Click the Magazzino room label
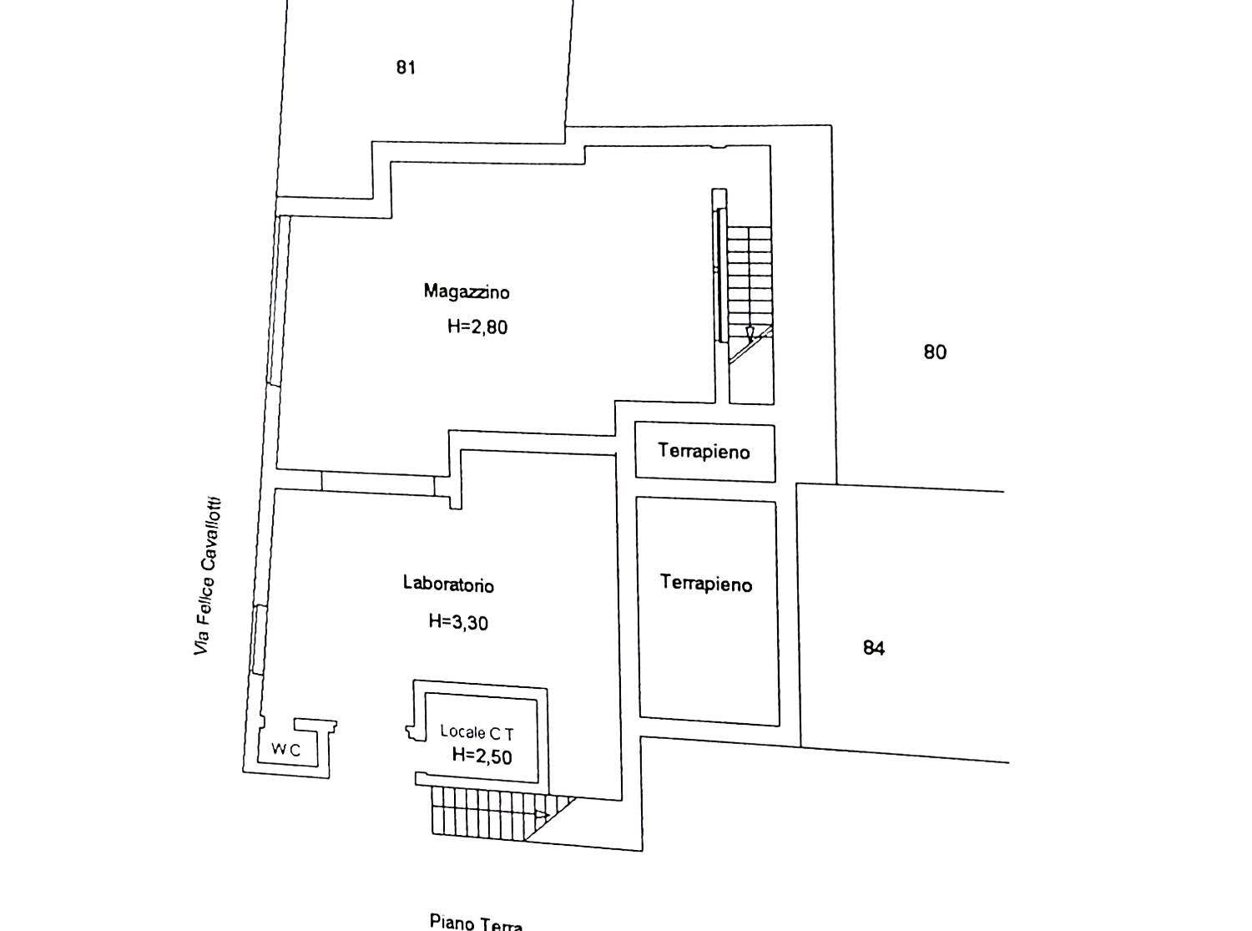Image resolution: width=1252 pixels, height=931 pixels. pyautogui.click(x=467, y=291)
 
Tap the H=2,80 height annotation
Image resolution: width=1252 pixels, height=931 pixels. pyautogui.click(x=477, y=326)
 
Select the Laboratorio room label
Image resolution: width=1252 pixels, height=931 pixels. pyautogui.click(x=448, y=584)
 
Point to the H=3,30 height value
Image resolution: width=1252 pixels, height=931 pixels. pyautogui.click(x=457, y=621)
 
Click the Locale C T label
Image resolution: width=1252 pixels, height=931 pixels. pyautogui.click(x=477, y=733)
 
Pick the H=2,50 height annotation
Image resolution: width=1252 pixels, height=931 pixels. pyautogui.click(x=482, y=756)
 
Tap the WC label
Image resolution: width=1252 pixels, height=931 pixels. pyautogui.click(x=285, y=750)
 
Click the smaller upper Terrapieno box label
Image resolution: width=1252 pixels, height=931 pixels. pyautogui.click(x=704, y=452)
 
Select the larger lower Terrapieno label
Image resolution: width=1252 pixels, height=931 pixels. pyautogui.click(x=706, y=584)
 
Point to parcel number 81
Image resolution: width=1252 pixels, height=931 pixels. pyautogui.click(x=406, y=68)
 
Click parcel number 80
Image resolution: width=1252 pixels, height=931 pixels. pyautogui.click(x=935, y=352)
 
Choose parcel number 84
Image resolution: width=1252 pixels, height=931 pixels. pyautogui.click(x=873, y=648)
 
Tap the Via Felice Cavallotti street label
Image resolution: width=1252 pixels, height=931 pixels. pyautogui.click(x=207, y=576)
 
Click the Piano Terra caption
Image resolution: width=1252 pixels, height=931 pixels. pyautogui.click(x=476, y=923)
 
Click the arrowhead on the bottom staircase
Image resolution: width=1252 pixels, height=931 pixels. pyautogui.click(x=542, y=814)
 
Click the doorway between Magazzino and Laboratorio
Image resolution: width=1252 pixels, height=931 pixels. pyautogui.click(x=378, y=483)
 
